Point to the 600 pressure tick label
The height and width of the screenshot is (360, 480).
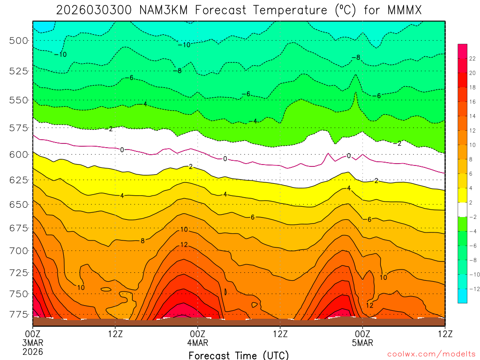pyautogui.click(x=18, y=155)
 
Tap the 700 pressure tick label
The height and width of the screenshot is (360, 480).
pyautogui.click(x=18, y=251)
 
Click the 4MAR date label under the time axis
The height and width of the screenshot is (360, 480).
pyautogui.click(x=197, y=342)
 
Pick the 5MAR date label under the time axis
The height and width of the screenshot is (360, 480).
pyautogui.click(x=362, y=342)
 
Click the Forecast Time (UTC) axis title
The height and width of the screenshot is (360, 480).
pyautogui.click(x=239, y=355)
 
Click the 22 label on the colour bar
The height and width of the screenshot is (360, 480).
pyautogui.click(x=472, y=58)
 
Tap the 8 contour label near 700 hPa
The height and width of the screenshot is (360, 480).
pyautogui.click(x=142, y=240)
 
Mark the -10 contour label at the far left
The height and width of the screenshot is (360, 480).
pyautogui.click(x=60, y=54)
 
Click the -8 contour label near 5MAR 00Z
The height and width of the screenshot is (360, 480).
pyautogui.click(x=356, y=57)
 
